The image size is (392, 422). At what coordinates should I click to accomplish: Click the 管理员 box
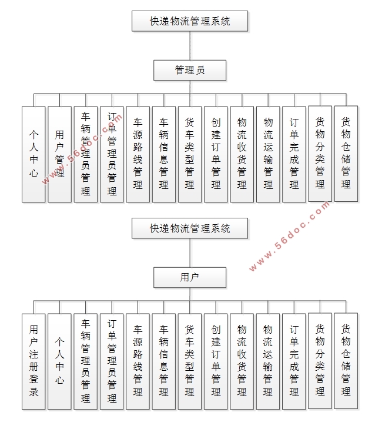click(x=190, y=70)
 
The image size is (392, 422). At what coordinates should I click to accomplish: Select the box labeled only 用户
click(x=190, y=277)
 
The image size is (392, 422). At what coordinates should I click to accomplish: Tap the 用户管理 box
click(x=59, y=154)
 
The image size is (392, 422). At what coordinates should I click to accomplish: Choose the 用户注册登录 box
click(x=33, y=361)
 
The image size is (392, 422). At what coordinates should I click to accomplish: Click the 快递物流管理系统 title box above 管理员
click(x=190, y=21)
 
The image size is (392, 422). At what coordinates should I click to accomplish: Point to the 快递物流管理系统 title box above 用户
click(x=190, y=228)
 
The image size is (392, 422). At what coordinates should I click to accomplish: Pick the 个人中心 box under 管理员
click(x=33, y=154)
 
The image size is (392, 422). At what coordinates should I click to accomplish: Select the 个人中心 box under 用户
click(x=59, y=361)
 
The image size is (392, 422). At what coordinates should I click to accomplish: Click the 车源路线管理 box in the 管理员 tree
click(x=138, y=154)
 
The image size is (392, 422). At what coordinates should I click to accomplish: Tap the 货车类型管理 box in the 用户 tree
click(x=190, y=361)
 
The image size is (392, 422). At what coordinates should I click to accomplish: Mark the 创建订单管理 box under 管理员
click(x=216, y=154)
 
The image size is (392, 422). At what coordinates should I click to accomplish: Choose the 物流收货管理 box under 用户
click(x=242, y=361)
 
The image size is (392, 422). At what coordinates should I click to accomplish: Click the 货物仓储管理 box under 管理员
click(x=346, y=154)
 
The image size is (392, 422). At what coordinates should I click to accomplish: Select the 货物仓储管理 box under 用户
click(x=346, y=361)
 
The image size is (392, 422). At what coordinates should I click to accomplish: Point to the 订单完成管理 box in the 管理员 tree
click(x=294, y=154)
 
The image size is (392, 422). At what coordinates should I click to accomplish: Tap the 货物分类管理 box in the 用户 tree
click(x=320, y=361)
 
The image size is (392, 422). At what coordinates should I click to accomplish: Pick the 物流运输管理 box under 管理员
click(x=268, y=154)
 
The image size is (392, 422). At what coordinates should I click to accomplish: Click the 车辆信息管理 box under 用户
click(x=164, y=361)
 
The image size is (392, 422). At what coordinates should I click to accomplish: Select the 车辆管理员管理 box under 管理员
click(x=86, y=154)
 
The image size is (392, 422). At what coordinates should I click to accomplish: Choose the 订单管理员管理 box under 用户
click(x=112, y=361)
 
